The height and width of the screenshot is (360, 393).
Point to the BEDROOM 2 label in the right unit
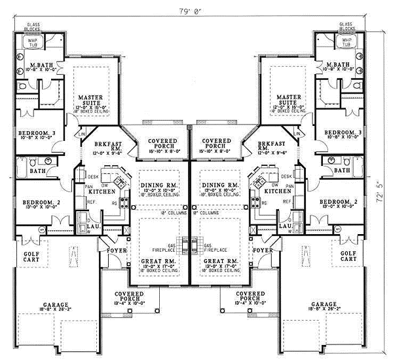tap(338, 201)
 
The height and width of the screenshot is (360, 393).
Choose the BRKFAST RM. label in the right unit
tap(271, 145)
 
